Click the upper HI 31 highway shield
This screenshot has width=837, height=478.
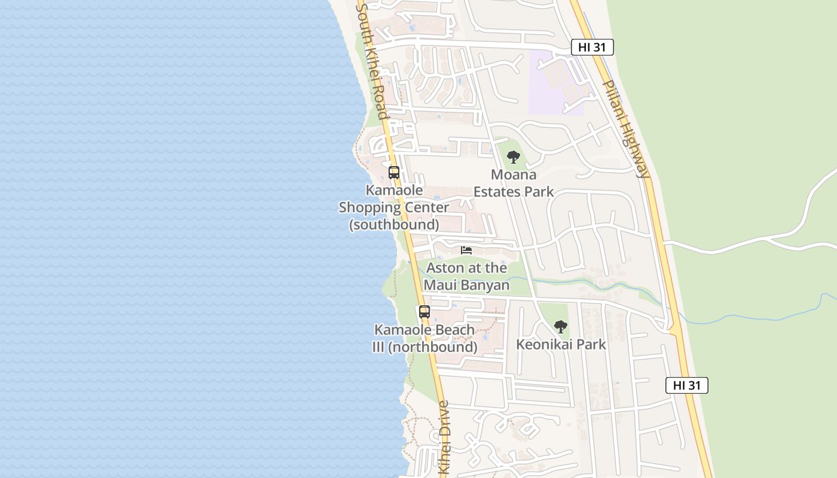click(x=592, y=47)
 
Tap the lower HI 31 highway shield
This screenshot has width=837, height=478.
click(x=686, y=385)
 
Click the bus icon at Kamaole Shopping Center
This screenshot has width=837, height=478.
click(x=393, y=173)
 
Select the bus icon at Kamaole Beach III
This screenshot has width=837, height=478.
click(x=424, y=311)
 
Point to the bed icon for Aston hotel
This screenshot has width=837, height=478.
click(x=466, y=250)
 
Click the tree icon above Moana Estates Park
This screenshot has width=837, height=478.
click(x=513, y=157)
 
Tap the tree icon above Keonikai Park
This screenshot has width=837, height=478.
click(x=560, y=327)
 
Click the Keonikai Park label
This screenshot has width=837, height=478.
click(x=561, y=344)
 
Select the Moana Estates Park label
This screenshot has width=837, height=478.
click(x=514, y=183)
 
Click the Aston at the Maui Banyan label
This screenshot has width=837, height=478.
click(x=466, y=276)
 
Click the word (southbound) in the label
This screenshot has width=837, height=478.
click(x=394, y=225)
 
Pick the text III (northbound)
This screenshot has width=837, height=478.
click(x=425, y=347)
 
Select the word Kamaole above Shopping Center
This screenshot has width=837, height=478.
click(x=394, y=190)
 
